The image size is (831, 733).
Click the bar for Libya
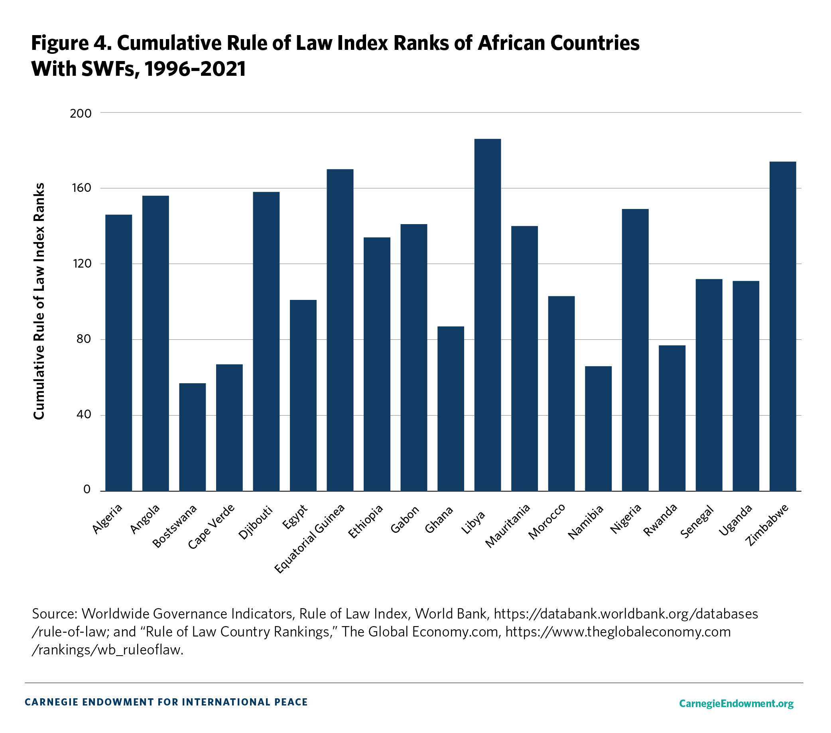pyautogui.click(x=487, y=315)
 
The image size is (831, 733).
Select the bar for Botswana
pyautogui.click(x=192, y=437)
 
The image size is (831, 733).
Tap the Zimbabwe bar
pyautogui.click(x=783, y=326)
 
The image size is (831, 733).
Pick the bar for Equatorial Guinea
pyautogui.click(x=340, y=330)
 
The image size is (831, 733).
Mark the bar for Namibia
pyautogui.click(x=598, y=428)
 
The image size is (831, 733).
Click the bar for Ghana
pyautogui.click(x=451, y=409)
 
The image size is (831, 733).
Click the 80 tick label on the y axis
pyautogui.click(x=83, y=339)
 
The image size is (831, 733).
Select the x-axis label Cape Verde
pyautogui.click(x=211, y=526)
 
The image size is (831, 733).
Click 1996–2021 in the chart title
pyautogui.click(x=195, y=69)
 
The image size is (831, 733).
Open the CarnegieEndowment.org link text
pyautogui.click(x=736, y=703)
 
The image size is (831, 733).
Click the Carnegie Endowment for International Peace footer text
pyautogui.click(x=166, y=702)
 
